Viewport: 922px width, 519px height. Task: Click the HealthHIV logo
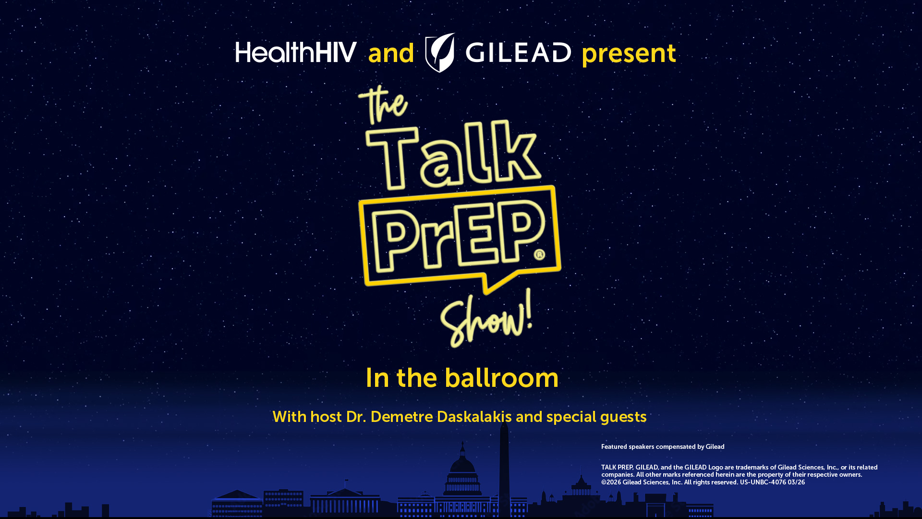point(296,52)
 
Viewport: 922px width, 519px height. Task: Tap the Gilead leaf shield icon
point(440,52)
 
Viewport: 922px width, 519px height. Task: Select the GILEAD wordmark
point(518,52)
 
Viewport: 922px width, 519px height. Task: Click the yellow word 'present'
point(629,54)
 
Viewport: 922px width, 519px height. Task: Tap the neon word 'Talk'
point(453,155)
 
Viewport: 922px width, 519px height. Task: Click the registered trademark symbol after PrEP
point(539,254)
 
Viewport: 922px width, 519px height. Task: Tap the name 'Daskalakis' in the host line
point(474,417)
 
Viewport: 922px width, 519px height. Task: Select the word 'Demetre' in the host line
point(401,417)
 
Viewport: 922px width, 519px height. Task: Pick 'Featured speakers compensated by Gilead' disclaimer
point(663,447)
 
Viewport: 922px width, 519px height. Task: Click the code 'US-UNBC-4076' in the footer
point(763,482)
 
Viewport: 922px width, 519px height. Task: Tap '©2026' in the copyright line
point(611,482)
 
